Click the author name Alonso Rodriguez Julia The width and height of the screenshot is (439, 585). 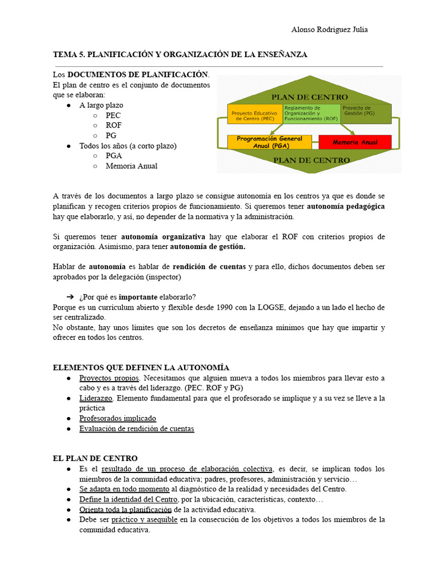pos(329,30)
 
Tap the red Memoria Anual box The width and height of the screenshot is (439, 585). pos(354,142)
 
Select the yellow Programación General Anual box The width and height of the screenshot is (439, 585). pos(269,142)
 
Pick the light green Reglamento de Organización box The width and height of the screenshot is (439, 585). pos(310,113)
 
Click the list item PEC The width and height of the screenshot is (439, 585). pos(113,115)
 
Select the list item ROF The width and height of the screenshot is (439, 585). pos(114,125)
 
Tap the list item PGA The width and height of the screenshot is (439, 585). pos(114,155)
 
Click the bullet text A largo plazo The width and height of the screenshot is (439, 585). pos(101,105)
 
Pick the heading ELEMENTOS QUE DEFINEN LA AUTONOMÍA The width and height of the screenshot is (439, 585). pos(141,367)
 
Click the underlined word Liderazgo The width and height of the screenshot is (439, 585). pos(96,398)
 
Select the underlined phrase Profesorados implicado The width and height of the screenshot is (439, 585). pos(117,418)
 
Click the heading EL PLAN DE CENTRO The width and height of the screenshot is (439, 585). pos(95,458)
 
